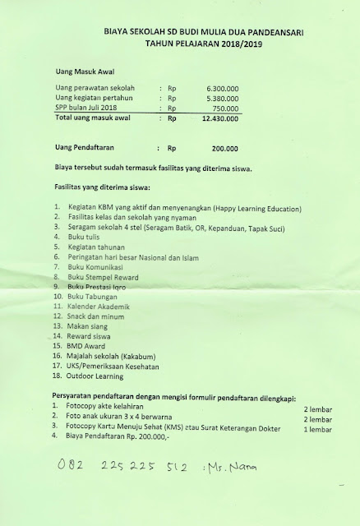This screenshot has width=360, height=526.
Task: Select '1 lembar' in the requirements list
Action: [320, 429]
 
